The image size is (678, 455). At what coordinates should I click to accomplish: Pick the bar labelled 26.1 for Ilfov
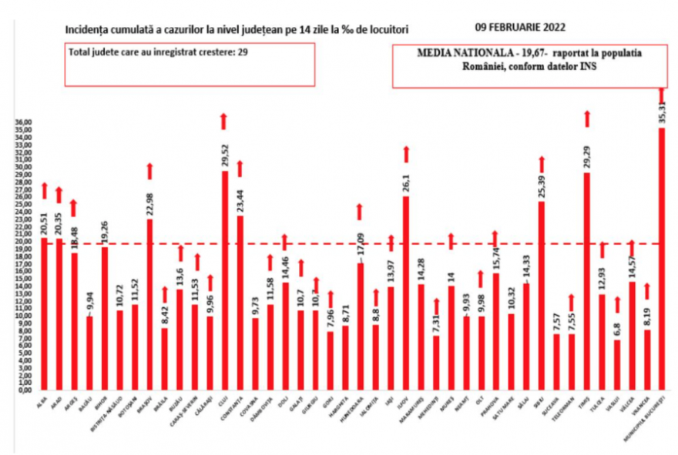(x=406, y=293)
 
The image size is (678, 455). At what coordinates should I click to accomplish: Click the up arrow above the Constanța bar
(x=240, y=169)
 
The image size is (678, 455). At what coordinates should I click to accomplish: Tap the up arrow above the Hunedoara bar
(x=360, y=212)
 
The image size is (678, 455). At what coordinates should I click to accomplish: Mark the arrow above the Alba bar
(x=45, y=190)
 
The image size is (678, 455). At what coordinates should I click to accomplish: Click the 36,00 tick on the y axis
(x=24, y=122)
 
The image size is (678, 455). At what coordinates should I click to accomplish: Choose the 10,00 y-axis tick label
(x=24, y=316)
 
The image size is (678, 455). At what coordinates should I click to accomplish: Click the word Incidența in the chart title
(x=88, y=30)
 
